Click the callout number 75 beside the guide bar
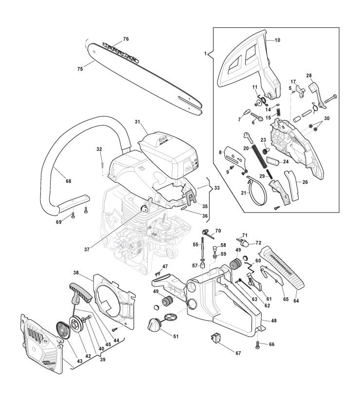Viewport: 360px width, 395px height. tap(80, 69)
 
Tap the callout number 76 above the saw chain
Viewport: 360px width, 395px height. tap(126, 38)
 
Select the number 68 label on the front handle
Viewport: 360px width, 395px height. tap(68, 181)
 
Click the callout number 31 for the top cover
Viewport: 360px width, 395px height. tap(137, 121)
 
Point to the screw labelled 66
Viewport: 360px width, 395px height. tap(257, 345)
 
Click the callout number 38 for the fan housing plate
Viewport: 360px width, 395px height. tap(76, 273)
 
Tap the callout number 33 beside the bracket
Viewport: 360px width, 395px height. tap(216, 187)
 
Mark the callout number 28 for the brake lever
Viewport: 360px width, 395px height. tap(309, 75)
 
